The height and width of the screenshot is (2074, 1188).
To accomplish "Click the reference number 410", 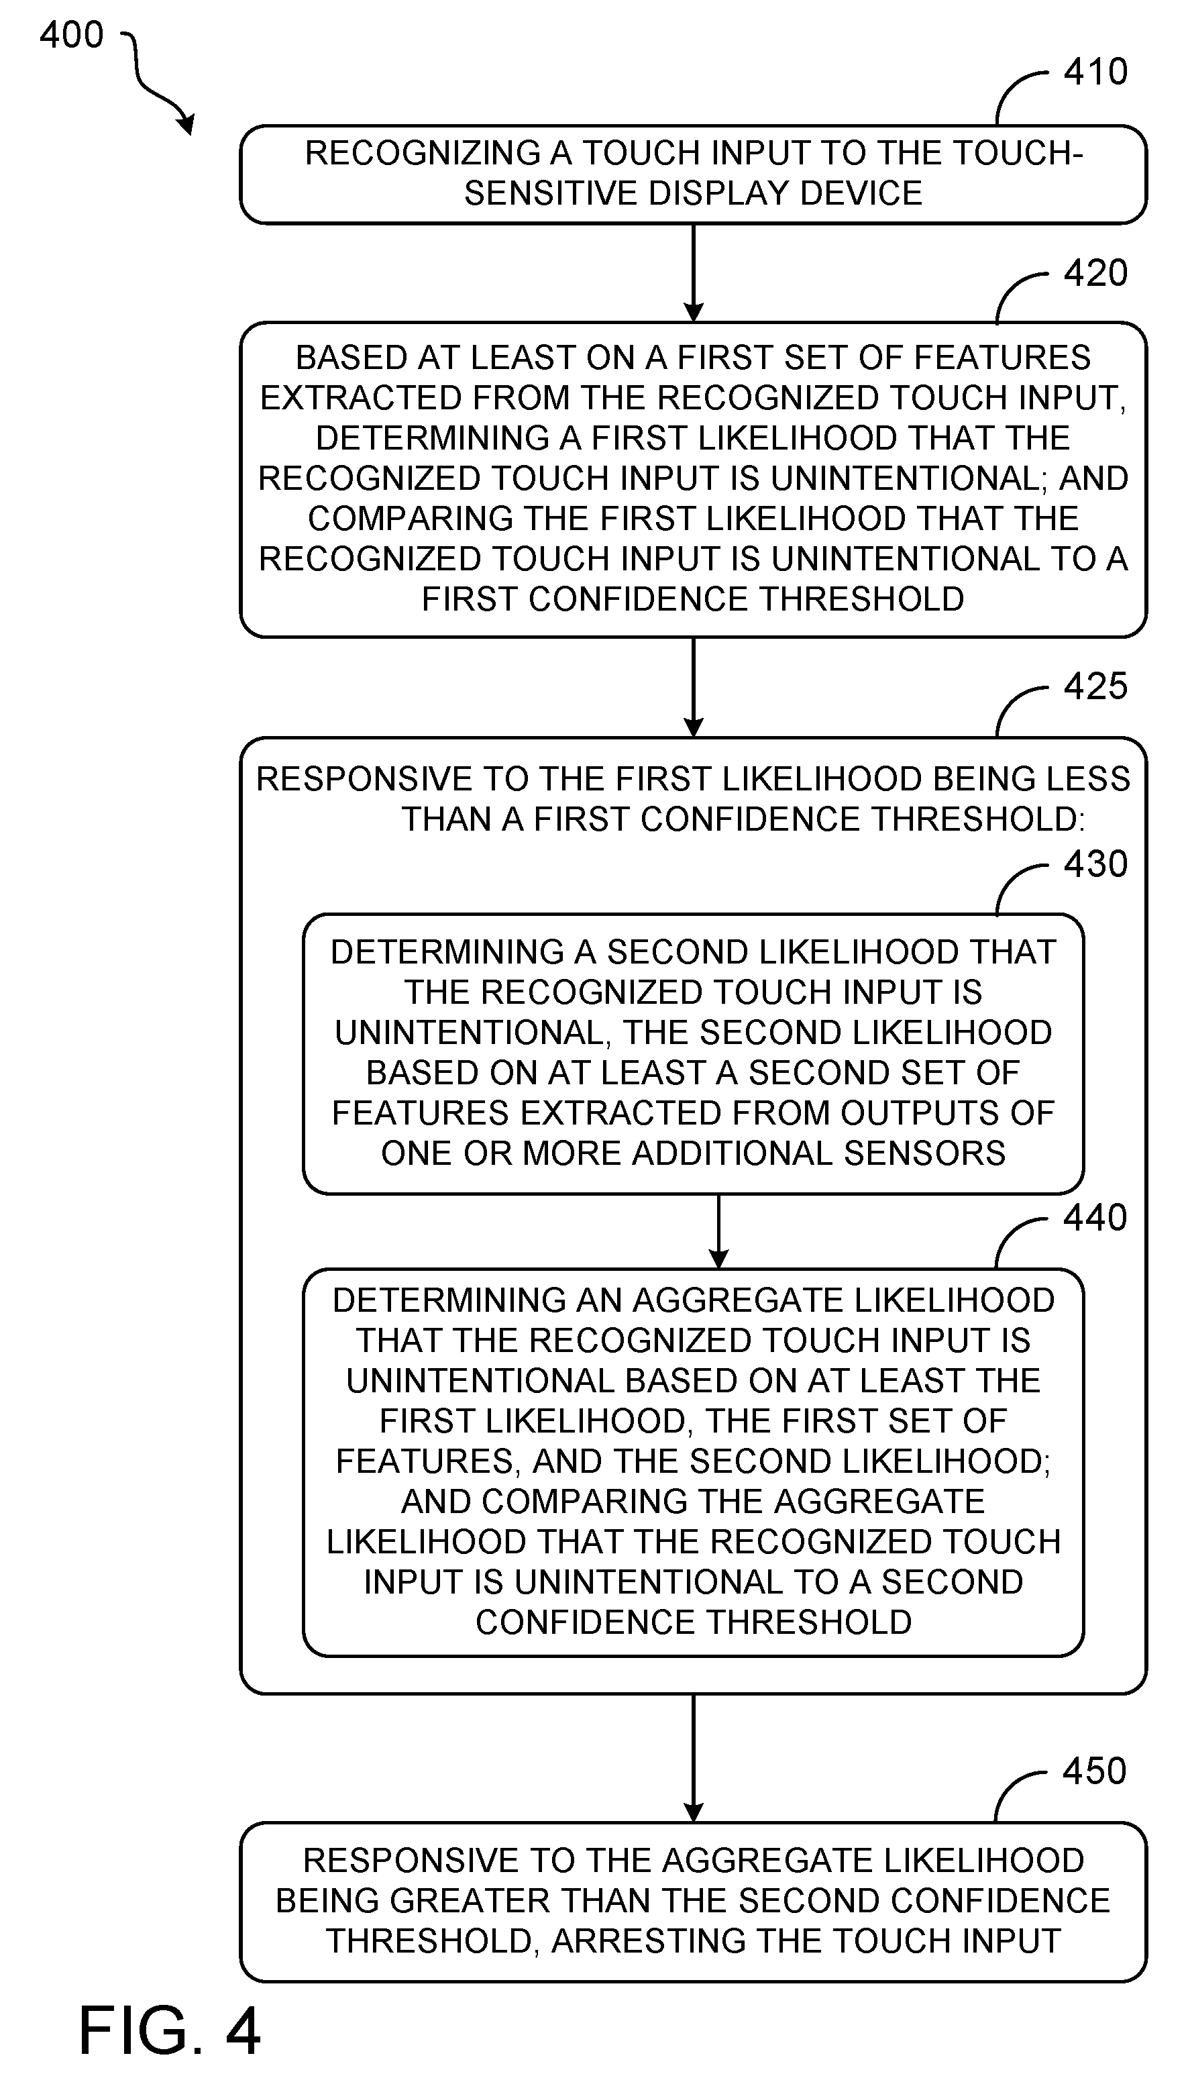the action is (x=1095, y=72).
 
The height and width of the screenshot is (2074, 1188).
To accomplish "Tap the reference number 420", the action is (x=1095, y=272).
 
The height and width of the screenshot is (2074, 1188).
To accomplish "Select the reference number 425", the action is (x=1095, y=686).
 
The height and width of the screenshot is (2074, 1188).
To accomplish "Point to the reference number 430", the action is (x=1095, y=864).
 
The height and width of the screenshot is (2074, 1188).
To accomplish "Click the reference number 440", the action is (x=1095, y=1217).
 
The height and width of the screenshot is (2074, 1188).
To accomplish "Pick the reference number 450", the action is (x=1095, y=1772).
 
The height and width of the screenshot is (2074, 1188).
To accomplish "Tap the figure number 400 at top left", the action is (x=72, y=35).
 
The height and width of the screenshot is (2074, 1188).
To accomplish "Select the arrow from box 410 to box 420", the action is (x=694, y=273).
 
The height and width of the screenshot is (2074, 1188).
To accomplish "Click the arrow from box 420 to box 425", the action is (x=694, y=687).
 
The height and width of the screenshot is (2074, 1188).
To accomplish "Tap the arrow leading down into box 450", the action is (x=694, y=1758).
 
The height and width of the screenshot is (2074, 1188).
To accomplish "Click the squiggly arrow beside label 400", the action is (x=155, y=82).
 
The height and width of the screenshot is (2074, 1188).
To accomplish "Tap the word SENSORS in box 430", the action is (x=924, y=1153).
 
